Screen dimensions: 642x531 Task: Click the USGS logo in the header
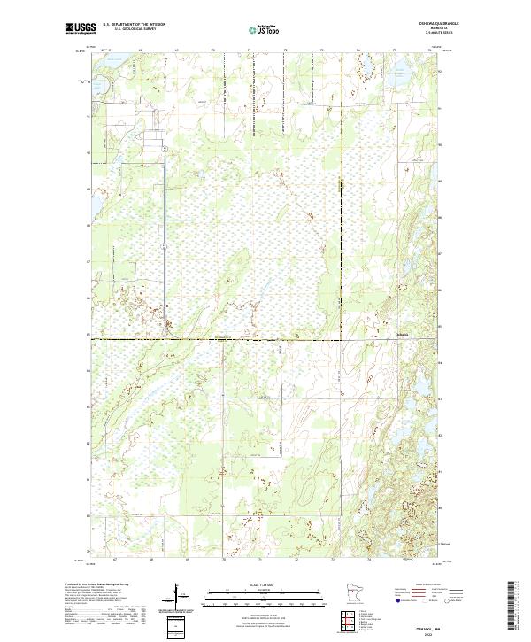tap(81, 30)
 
